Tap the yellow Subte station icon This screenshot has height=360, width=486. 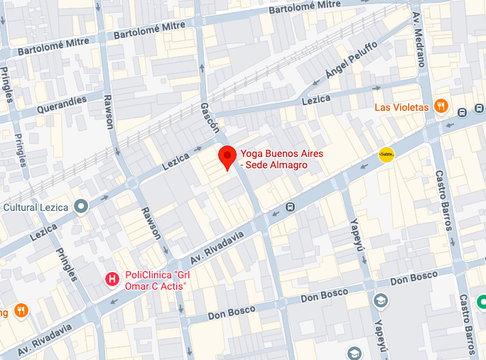[x=387, y=154]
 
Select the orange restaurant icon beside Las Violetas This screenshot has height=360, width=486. [x=441, y=107]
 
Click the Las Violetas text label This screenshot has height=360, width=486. [x=401, y=107]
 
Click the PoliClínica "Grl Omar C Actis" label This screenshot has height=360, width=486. [x=155, y=280]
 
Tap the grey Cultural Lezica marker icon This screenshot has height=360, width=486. [x=81, y=207]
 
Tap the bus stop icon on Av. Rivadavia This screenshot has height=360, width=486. [x=290, y=207]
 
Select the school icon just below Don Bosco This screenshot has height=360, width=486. [x=380, y=300]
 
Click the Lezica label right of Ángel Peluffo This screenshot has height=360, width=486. [x=316, y=99]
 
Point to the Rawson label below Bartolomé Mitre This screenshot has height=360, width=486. [x=109, y=111]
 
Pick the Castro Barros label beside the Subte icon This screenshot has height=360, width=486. [x=444, y=200]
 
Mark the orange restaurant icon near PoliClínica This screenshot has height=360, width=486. [x=21, y=310]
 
